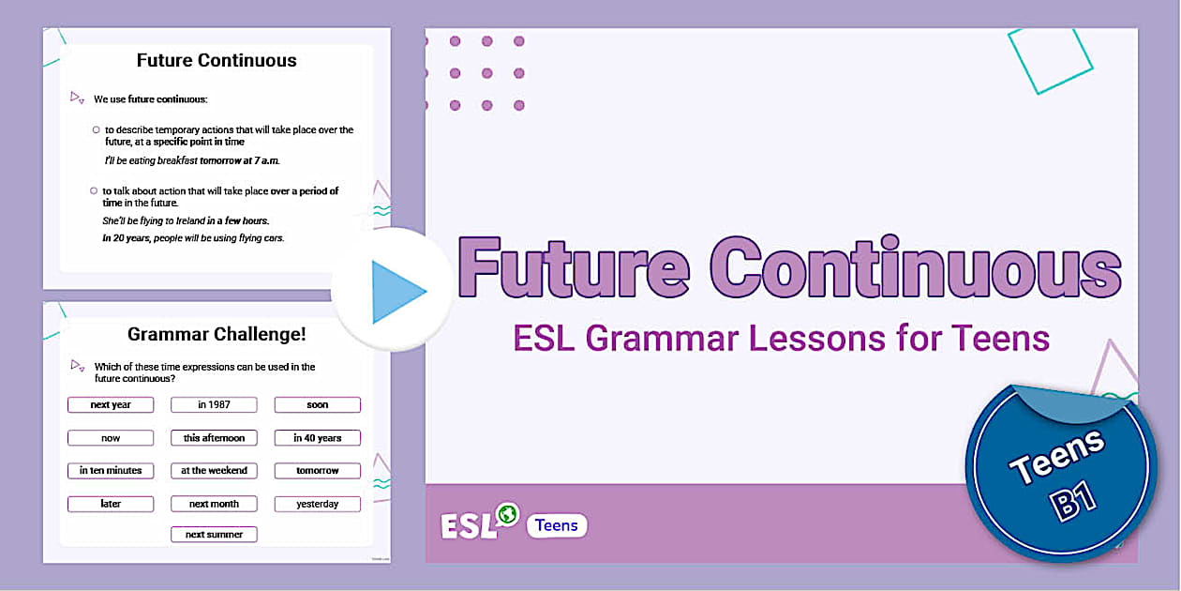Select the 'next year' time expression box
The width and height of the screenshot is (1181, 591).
pos(111,405)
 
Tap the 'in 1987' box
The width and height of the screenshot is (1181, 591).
pos(214,405)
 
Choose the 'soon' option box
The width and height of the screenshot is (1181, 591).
pos(318,405)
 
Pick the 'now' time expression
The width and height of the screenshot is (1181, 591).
pos(111,438)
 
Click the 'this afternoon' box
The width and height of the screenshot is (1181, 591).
pos(214,438)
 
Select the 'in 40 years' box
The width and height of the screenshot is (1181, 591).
pos(318,438)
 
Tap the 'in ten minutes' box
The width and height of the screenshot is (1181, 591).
pos(111,471)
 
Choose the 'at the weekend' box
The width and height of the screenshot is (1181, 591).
pos(214,471)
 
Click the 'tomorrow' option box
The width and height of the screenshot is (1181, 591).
pos(318,471)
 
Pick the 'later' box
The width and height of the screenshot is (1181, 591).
pos(111,504)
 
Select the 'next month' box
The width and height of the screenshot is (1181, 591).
pos(214,504)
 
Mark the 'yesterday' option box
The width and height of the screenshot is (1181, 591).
pos(318,504)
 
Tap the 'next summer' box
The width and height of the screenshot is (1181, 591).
pos(214,535)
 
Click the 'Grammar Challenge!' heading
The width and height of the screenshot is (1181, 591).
pos(217,334)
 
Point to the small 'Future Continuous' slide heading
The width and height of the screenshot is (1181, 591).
pos(217,61)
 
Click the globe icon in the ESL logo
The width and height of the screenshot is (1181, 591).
pos(508,514)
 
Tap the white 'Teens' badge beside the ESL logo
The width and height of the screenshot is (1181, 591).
pos(557,525)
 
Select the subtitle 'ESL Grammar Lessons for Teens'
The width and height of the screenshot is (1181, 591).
pos(782,338)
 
